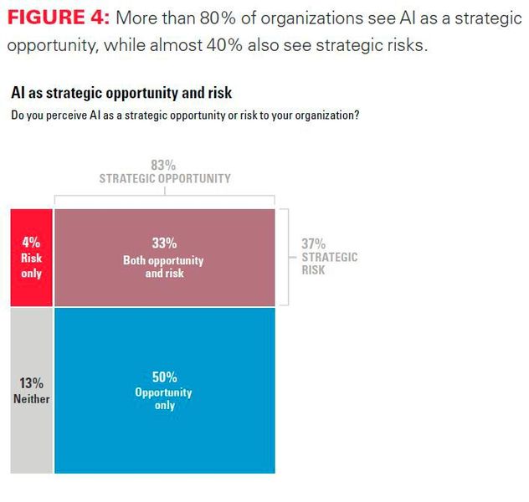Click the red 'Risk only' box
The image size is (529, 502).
pos(31,258)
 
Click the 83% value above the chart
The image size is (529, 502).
pos(164,165)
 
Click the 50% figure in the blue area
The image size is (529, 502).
pos(164,377)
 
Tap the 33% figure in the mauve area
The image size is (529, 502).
pos(164,243)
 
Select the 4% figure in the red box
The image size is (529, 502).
pos(31,243)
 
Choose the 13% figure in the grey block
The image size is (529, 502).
pos(31,383)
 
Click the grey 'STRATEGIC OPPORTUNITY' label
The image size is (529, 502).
pos(165,178)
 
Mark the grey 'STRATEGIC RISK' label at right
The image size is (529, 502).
pos(329,264)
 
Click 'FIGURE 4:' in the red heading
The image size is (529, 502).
pos(58,19)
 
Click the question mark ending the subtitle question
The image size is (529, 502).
pos(357,115)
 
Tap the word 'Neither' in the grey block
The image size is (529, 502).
pos(31,399)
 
